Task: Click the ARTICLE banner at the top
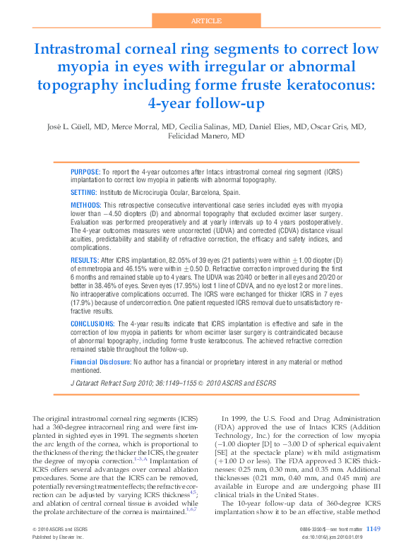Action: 206,21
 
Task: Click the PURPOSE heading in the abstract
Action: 85,172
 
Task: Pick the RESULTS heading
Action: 84,261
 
